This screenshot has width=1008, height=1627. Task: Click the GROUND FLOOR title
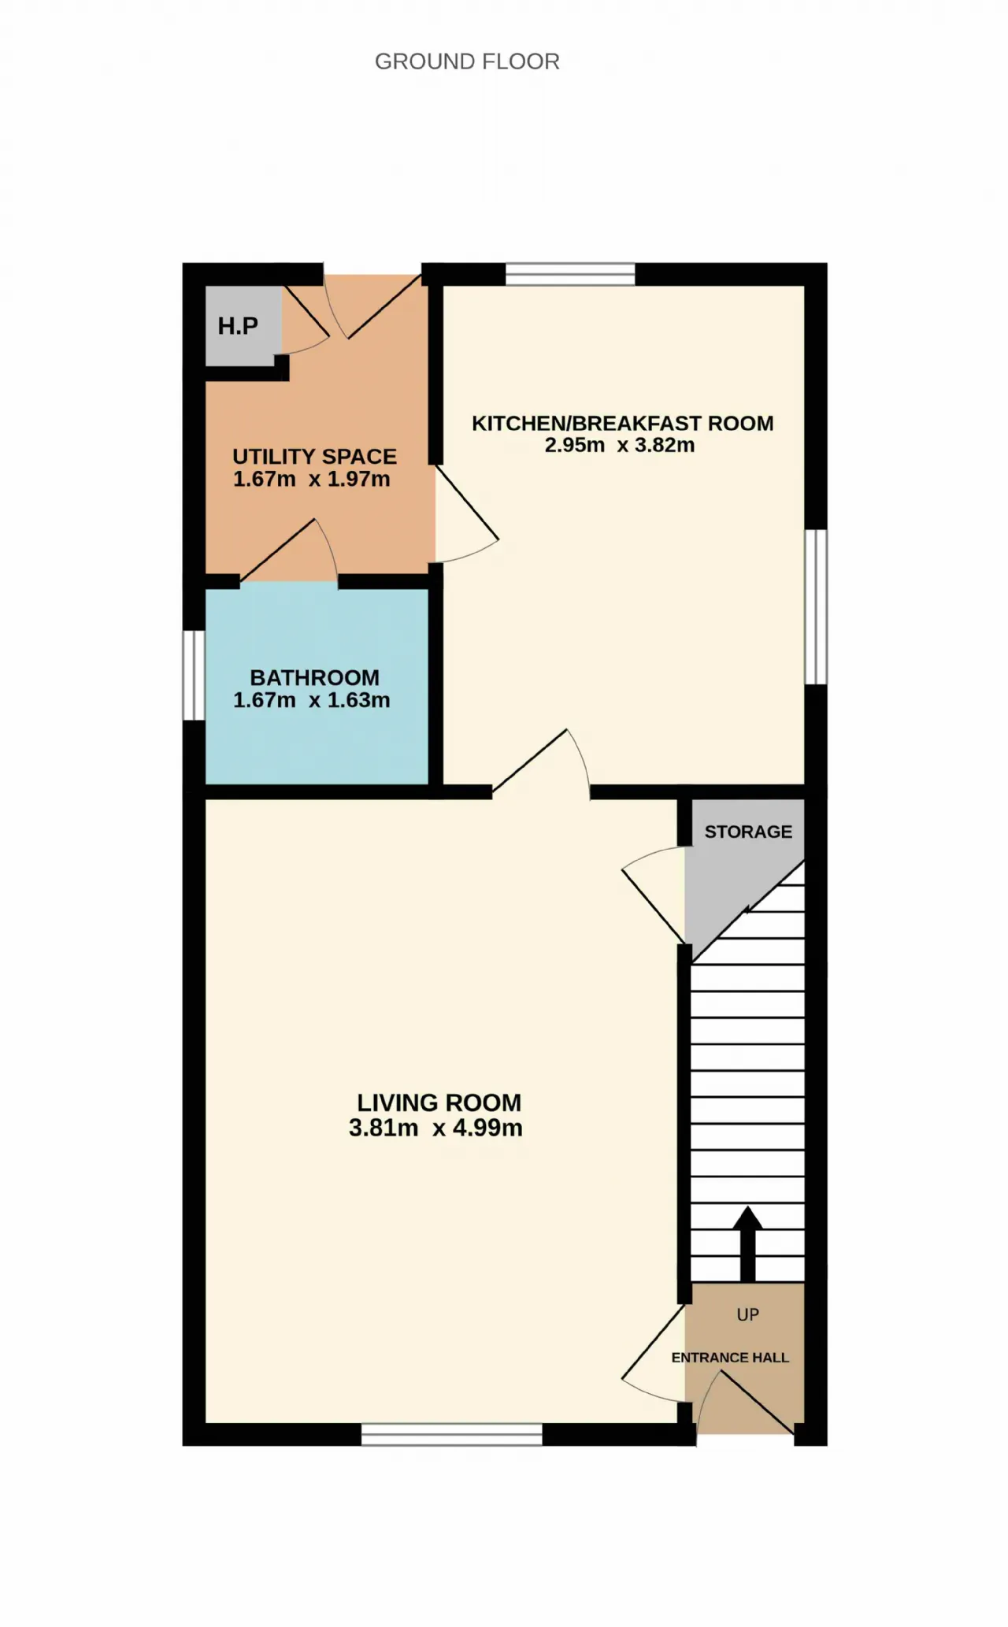coord(467,61)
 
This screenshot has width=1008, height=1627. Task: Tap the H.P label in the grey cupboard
coord(238,326)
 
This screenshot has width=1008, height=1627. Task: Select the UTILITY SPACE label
coord(314,457)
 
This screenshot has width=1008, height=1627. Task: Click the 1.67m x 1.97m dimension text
coord(312,479)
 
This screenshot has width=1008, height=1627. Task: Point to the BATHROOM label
coord(314,678)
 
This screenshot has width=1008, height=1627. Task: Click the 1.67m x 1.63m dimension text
coord(312,700)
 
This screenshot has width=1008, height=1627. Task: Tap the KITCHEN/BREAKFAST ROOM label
coord(623,424)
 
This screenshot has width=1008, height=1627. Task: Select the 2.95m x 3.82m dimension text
coord(620,445)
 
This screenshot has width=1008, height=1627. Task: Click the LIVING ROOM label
coord(439,1103)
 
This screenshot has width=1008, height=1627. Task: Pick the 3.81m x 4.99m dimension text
coord(435,1128)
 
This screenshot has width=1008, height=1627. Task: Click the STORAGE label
coord(748,832)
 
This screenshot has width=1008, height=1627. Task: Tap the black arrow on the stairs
coord(747,1243)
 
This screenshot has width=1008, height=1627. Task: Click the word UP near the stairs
coord(747,1314)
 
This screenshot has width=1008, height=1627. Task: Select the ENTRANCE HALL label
coord(730,1358)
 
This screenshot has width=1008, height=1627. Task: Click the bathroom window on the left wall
coord(194,676)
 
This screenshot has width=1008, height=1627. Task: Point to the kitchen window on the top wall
coord(570,274)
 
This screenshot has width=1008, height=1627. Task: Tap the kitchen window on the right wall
coord(816,607)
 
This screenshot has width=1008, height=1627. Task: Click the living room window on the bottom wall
coord(452,1434)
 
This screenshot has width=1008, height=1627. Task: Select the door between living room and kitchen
coord(541,764)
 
